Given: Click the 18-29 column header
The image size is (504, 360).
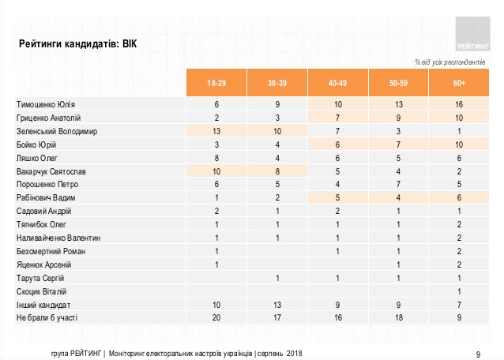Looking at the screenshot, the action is pyautogui.click(x=216, y=83).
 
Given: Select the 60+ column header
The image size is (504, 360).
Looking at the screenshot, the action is pyautogui.click(x=459, y=83).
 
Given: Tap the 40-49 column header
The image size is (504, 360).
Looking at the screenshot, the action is pyautogui.click(x=337, y=83).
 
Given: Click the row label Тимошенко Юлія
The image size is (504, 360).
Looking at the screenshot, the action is pyautogui.click(x=46, y=104).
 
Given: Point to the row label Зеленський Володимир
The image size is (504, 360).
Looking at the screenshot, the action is pyautogui.click(x=57, y=131).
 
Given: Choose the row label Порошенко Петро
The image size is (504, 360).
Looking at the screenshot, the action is pyautogui.click(x=47, y=184).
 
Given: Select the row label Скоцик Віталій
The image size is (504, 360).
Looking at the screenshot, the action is pyautogui.click(x=41, y=291).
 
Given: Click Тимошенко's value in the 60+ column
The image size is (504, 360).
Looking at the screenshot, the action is pyautogui.click(x=459, y=104).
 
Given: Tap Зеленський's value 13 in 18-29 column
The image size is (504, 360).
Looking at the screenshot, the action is pyautogui.click(x=216, y=131).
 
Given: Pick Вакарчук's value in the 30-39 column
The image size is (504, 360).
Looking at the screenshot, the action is pyautogui.click(x=277, y=171).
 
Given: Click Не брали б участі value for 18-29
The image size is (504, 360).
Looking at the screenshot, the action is pyautogui.click(x=216, y=317).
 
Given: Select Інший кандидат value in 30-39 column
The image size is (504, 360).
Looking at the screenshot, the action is pyautogui.click(x=277, y=305).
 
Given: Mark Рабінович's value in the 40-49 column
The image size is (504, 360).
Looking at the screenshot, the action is pyautogui.click(x=337, y=197).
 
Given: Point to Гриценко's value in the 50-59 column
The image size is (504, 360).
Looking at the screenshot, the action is pyautogui.click(x=398, y=118).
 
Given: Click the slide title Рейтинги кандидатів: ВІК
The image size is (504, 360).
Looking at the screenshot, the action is pyautogui.click(x=77, y=43).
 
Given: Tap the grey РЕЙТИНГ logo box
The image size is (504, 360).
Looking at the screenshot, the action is pyautogui.click(x=472, y=34).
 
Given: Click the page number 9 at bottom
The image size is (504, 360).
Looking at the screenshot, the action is pyautogui.click(x=478, y=354).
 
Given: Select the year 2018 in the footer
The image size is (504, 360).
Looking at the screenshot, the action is pyautogui.click(x=295, y=354).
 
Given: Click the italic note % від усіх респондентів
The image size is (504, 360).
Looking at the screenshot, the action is pyautogui.click(x=450, y=62).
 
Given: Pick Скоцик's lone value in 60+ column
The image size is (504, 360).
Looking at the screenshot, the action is pyautogui.click(x=459, y=291).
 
